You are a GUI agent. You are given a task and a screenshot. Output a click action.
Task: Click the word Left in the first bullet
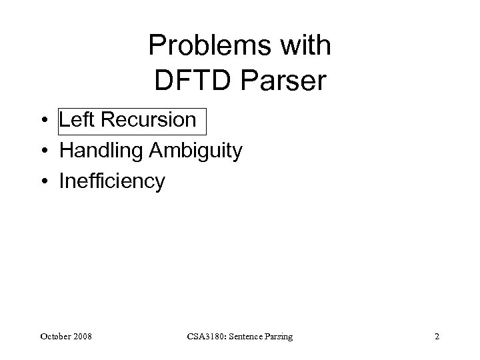(x=75, y=120)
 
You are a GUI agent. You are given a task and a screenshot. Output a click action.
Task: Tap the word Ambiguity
(x=197, y=151)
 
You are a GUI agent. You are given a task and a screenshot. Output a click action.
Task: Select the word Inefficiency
(x=112, y=181)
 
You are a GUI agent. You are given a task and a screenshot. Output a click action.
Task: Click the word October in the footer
(x=55, y=337)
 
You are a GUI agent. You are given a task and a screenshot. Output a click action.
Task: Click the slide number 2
(x=437, y=337)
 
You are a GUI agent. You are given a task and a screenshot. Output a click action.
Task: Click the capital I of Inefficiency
(x=62, y=181)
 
